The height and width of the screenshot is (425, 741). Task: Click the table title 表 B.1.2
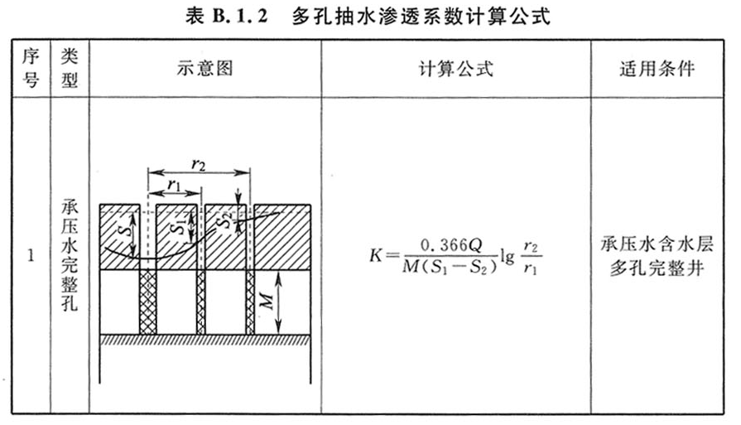(226, 17)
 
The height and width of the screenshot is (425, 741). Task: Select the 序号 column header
(31, 68)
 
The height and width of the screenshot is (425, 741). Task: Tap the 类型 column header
(70, 68)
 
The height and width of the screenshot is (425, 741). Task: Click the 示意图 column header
(205, 69)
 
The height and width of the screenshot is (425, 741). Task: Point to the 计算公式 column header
(456, 69)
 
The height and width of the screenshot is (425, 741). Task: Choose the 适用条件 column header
(657, 69)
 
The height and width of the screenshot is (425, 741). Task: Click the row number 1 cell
(31, 256)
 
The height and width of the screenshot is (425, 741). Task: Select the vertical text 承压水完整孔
(70, 255)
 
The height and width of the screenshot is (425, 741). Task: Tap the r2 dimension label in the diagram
(199, 164)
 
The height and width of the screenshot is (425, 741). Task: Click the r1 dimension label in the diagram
(175, 185)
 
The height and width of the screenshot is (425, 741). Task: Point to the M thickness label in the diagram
(266, 301)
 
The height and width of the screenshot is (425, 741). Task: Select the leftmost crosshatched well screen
(148, 302)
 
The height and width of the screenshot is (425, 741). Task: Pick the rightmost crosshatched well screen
(250, 302)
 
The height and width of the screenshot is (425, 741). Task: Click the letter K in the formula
(376, 256)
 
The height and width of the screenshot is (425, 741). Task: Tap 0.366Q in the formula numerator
(451, 245)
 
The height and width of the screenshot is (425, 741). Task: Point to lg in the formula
(508, 256)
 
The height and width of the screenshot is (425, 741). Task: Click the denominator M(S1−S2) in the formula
(450, 267)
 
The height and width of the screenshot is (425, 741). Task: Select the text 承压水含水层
(657, 244)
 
